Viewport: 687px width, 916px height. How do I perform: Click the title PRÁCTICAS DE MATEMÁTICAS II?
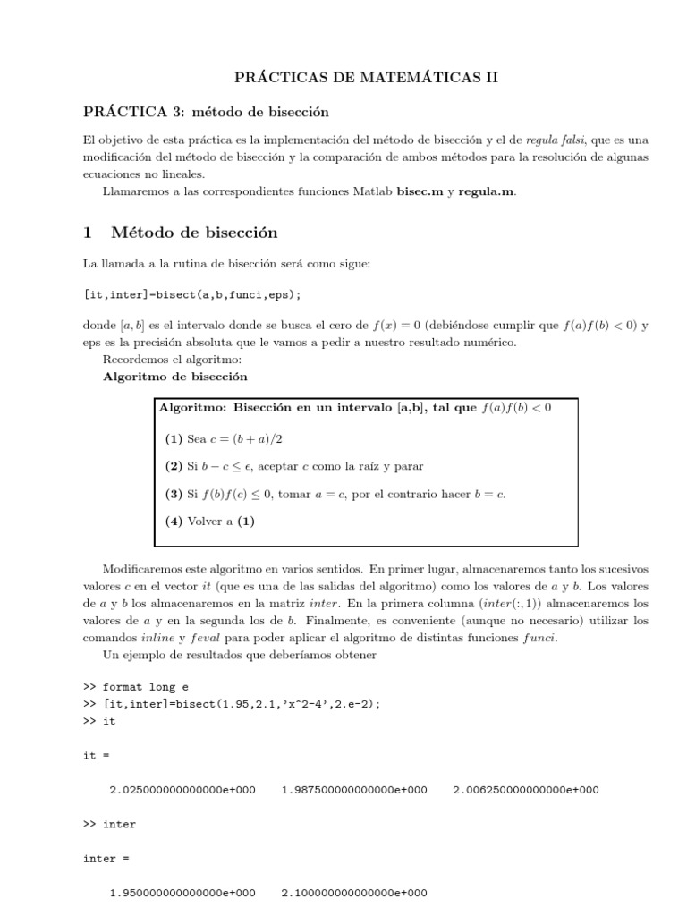pyautogui.click(x=365, y=79)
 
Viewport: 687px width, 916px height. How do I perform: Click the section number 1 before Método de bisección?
pyautogui.click(x=88, y=233)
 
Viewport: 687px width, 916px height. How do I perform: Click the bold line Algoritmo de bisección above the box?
pyautogui.click(x=175, y=377)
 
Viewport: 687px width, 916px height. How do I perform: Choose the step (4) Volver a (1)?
pyautogui.click(x=210, y=522)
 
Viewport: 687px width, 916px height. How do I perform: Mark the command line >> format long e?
pyautogui.click(x=132, y=687)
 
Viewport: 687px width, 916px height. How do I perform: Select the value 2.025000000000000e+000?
pyautogui.click(x=182, y=790)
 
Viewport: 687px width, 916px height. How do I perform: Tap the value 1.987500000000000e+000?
pyautogui.click(x=354, y=790)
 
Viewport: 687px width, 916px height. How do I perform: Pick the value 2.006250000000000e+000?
pyautogui.click(x=526, y=790)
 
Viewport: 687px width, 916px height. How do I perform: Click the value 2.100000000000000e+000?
pyautogui.click(x=354, y=893)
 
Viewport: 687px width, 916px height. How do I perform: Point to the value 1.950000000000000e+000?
pyautogui.click(x=182, y=893)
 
